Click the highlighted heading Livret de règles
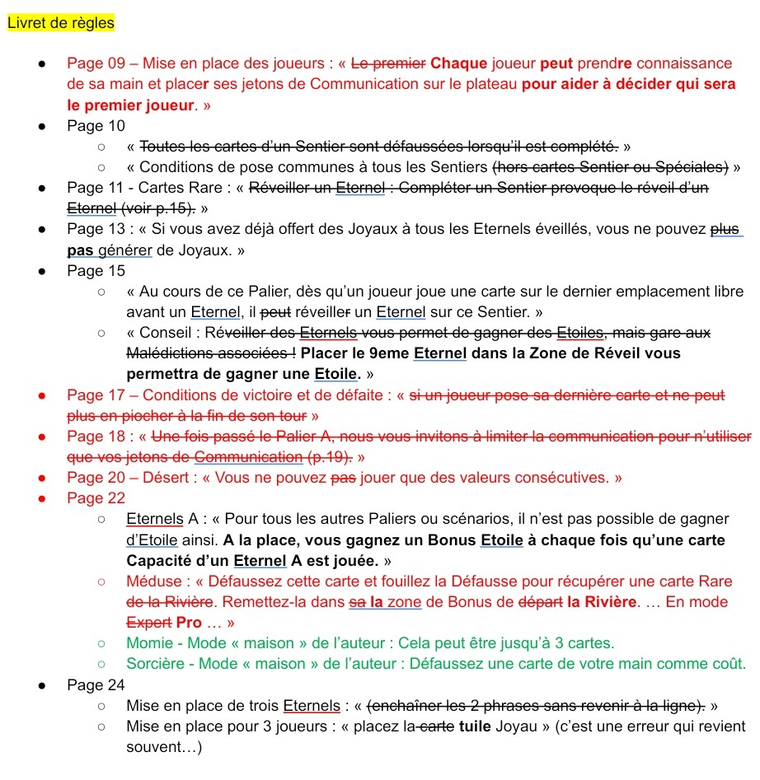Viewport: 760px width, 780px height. (60, 23)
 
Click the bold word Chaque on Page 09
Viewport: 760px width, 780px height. (458, 63)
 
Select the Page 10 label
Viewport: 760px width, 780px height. (96, 125)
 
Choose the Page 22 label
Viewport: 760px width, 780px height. (96, 497)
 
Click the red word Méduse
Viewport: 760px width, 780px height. (152, 581)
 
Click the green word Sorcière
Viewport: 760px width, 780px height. (155, 663)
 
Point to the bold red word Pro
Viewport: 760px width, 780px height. (190, 622)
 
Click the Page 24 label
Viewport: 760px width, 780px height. (96, 684)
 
